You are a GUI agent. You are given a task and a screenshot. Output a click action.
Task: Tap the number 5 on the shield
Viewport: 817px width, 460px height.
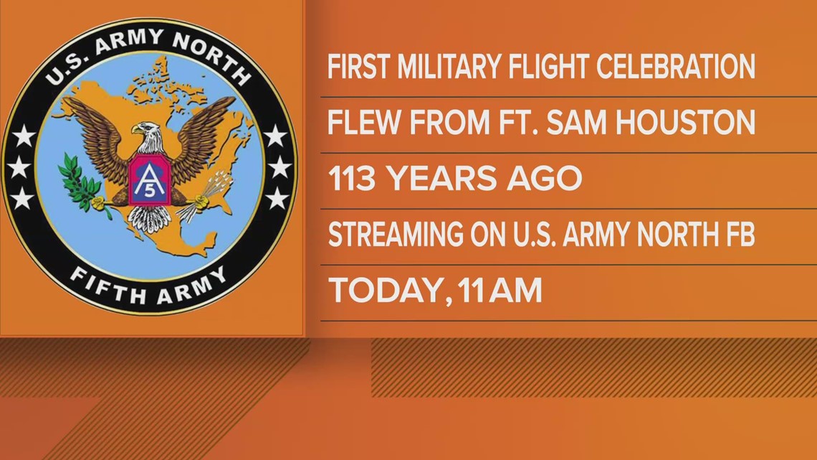click(148, 189)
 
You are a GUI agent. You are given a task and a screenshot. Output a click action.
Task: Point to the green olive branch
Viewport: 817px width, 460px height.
click(83, 185)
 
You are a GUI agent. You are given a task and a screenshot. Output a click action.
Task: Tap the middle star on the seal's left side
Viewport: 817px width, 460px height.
click(20, 166)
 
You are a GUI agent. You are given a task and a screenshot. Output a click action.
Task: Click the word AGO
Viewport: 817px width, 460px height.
click(545, 179)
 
